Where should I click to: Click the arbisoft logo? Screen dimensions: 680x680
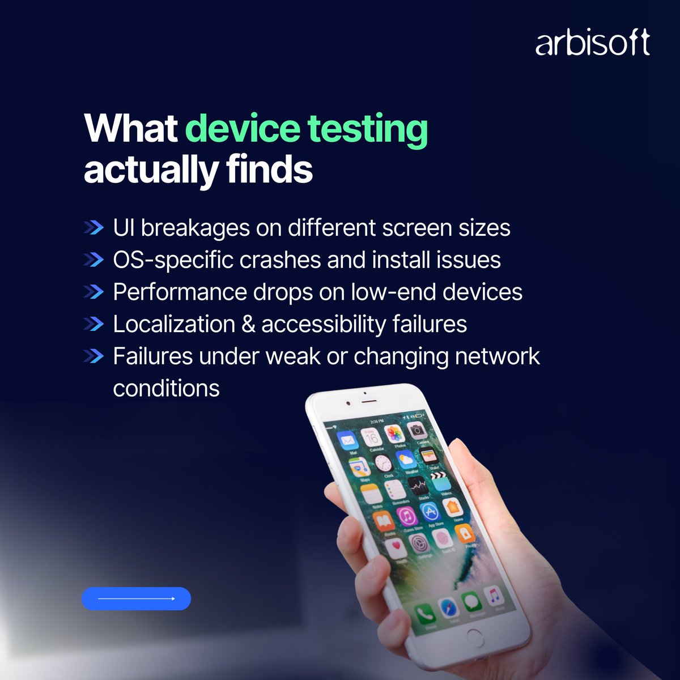pyautogui.click(x=592, y=44)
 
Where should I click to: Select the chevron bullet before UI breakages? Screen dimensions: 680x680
pyautogui.click(x=93, y=228)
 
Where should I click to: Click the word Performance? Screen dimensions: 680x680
pyautogui.click(x=180, y=292)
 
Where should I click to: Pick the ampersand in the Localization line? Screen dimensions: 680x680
pyautogui.click(x=248, y=324)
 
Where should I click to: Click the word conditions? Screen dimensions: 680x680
pyautogui.click(x=166, y=389)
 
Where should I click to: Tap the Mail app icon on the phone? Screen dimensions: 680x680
pyautogui.click(x=347, y=440)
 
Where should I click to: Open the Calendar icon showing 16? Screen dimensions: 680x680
pyautogui.click(x=372, y=437)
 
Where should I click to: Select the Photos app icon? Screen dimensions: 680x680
pyautogui.click(x=394, y=435)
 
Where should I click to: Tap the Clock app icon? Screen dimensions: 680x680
pyautogui.click(x=383, y=463)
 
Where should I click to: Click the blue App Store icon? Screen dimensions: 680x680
pyautogui.click(x=431, y=511)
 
